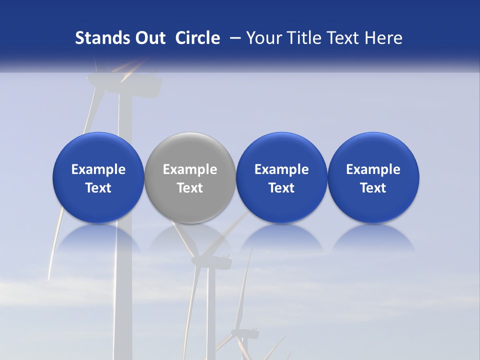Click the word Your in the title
(263, 38)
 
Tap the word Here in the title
(383, 38)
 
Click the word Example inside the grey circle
(190, 169)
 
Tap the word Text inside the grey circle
(190, 188)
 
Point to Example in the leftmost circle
(98, 169)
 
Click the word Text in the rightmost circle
(373, 188)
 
